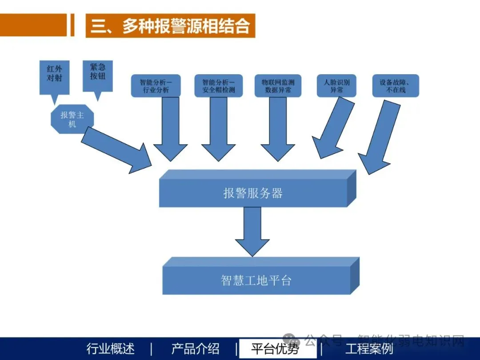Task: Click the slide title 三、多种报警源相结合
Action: pos(170,26)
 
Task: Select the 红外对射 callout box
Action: pos(54,75)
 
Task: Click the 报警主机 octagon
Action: pos(72,119)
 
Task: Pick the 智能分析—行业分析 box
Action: pos(156,86)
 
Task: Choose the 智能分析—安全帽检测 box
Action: pos(218,86)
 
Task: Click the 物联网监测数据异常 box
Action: pos(278,86)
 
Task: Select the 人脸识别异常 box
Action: pos(336,86)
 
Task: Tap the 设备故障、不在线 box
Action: pos(396,86)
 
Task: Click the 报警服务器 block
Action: pos(253,193)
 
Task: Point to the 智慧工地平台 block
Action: pos(256,280)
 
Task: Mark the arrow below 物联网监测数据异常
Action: pos(278,129)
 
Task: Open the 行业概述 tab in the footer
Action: pos(110,349)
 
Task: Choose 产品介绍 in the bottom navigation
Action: pos(195,349)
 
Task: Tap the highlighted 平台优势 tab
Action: pos(275,349)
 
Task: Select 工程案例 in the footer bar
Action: pos(369,349)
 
